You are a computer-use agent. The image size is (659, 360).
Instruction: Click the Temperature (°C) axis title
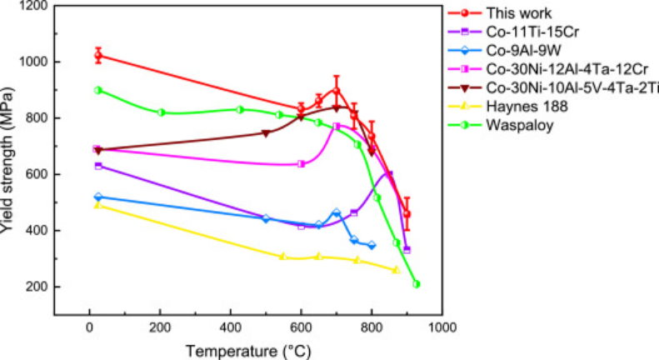pyautogui.click(x=248, y=350)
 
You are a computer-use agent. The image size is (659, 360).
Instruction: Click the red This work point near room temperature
pyautogui.click(x=98, y=56)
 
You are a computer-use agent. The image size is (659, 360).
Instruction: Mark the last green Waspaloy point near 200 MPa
pyautogui.click(x=416, y=284)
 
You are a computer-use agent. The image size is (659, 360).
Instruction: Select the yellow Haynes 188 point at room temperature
pyautogui.click(x=98, y=204)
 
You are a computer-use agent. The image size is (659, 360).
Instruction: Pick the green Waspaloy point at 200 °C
pyautogui.click(x=161, y=112)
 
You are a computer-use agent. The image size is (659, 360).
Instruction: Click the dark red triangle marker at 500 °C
pyautogui.click(x=266, y=132)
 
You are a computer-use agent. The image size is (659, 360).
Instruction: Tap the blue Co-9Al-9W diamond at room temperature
pyautogui.click(x=98, y=197)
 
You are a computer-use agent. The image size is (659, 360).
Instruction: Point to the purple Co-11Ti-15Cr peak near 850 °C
pyautogui.click(x=388, y=174)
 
